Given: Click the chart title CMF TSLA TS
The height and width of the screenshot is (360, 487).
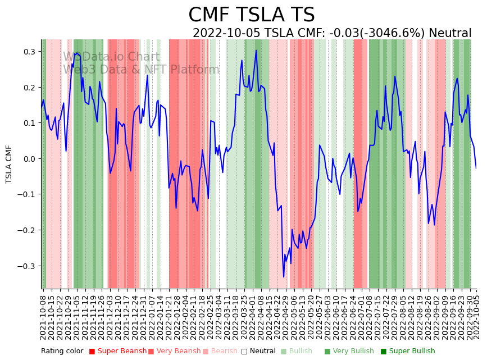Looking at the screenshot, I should click(x=251, y=15).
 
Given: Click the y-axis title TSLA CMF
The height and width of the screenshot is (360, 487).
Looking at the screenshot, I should click(x=9, y=164).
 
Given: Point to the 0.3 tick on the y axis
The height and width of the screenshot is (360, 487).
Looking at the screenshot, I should click(x=29, y=52).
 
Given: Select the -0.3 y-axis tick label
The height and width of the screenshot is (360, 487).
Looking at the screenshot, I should click(x=27, y=266).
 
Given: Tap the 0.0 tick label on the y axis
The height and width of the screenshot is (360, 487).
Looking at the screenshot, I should click(x=29, y=159).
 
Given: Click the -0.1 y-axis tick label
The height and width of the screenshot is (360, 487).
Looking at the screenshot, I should click(x=27, y=195).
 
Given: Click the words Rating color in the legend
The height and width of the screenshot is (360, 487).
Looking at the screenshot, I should click(x=62, y=352).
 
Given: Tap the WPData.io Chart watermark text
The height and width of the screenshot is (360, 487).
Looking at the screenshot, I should click(x=111, y=57).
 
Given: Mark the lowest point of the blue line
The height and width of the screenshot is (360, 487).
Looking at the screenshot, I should click(x=284, y=277).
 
